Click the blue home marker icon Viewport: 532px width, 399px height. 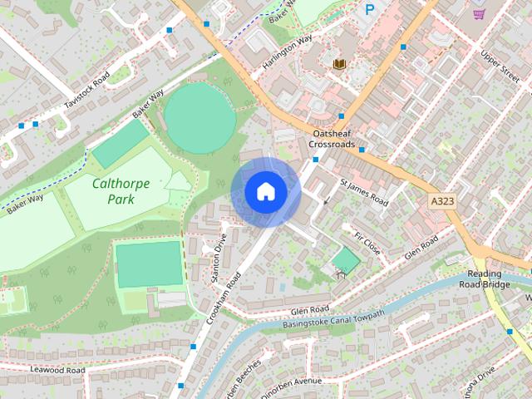pyautogui.click(x=266, y=192)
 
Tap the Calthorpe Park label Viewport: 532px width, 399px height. pyautogui.click(x=121, y=191)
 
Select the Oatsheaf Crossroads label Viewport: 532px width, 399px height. pyautogui.click(x=332, y=138)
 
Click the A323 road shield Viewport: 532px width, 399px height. pyautogui.click(x=442, y=202)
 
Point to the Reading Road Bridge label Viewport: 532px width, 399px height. pyautogui.click(x=483, y=279)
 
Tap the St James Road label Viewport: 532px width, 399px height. pyautogui.click(x=364, y=191)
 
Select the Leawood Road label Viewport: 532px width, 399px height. pyautogui.click(x=57, y=369)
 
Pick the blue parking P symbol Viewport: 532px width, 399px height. pyautogui.click(x=369, y=9)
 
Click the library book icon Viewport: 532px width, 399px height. pyautogui.click(x=339, y=63)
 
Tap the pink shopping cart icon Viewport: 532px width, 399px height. pyautogui.click(x=479, y=13)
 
